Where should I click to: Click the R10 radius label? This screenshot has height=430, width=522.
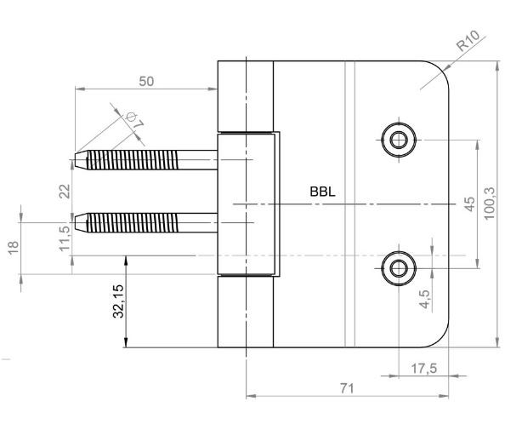(x=468, y=41)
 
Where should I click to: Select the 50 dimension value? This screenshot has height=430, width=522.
(x=146, y=82)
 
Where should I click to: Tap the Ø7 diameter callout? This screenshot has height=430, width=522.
(x=135, y=121)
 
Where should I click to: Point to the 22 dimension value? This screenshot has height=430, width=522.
(x=65, y=191)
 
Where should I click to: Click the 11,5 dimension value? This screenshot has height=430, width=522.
(x=65, y=238)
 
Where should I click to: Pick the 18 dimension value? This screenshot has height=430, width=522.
(x=14, y=248)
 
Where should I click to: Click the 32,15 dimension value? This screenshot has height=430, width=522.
(x=118, y=301)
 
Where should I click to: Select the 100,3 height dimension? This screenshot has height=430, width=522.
(x=490, y=203)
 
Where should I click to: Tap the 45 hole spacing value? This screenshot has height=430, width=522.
(x=469, y=204)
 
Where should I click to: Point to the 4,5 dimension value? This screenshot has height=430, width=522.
(x=425, y=299)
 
